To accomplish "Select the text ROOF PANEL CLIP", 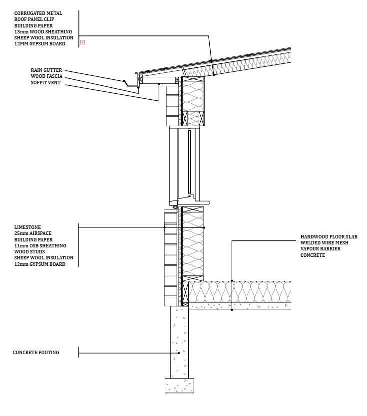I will pos(34,19).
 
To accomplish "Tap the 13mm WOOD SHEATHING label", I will pos(43,32).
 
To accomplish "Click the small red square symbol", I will pos(82,42).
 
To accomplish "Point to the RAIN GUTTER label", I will pos(46,71).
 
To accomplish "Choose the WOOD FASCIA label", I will pos(46,77).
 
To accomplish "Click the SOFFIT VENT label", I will pos(45,83).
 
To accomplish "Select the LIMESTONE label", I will pos(27,227).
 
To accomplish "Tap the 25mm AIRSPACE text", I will pos(32,233).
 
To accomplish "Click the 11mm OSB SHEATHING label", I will pos(40,246).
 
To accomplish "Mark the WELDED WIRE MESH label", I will pos(325,243).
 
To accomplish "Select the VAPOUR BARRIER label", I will pos(321,249).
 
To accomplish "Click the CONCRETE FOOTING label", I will pos(36,353).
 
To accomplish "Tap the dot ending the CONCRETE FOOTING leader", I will pos(179,353).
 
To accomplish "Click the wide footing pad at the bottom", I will pos(179,386).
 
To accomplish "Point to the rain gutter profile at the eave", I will pos(131,84).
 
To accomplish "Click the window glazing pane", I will pos(189,162).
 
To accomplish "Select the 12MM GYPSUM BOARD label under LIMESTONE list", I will pos(39,264).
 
